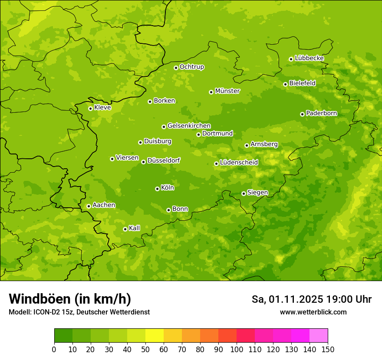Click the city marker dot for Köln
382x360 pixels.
(x=157, y=189)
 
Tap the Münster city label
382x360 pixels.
(x=227, y=91)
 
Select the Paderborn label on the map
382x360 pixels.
(x=321, y=113)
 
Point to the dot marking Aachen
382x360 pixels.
(x=89, y=206)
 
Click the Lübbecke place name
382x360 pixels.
(x=309, y=58)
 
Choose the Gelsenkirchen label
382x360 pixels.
(x=189, y=126)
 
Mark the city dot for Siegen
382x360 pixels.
(x=244, y=193)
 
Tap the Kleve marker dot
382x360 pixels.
(x=90, y=108)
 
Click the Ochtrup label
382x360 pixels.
(x=192, y=67)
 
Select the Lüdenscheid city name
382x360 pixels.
(x=239, y=163)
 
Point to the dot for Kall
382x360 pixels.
(x=125, y=229)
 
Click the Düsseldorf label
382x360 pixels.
(x=164, y=160)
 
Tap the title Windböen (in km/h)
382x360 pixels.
(x=70, y=299)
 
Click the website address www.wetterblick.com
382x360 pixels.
(x=313, y=312)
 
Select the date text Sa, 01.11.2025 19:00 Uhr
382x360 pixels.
(x=311, y=299)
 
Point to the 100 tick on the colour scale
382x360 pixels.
(x=237, y=350)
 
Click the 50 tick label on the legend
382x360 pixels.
(x=145, y=350)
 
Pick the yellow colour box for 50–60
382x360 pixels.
(x=155, y=335)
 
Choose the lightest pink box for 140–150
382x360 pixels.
(x=319, y=335)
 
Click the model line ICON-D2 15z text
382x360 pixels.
(x=79, y=312)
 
